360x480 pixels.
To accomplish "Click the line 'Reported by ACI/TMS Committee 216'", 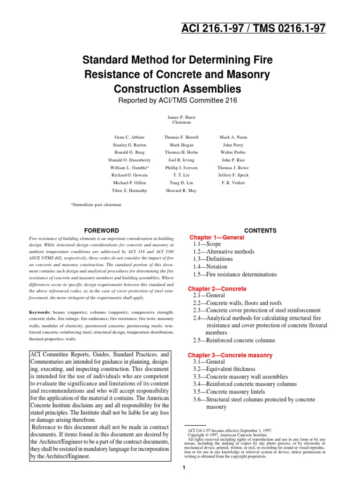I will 180,100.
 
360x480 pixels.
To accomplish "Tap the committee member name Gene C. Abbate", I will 128,137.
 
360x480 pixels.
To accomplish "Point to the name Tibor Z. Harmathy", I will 128,190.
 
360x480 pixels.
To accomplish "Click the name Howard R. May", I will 181,190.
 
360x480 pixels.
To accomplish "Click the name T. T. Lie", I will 181,175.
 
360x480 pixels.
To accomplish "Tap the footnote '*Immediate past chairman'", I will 96,205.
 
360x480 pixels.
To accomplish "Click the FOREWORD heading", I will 101,231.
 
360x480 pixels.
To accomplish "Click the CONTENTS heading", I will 261,231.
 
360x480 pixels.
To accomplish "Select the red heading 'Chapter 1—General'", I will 217,238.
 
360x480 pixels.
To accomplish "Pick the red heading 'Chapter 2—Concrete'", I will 217,289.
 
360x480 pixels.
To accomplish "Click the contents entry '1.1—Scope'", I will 207,245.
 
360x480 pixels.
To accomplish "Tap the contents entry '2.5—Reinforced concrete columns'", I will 234,340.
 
